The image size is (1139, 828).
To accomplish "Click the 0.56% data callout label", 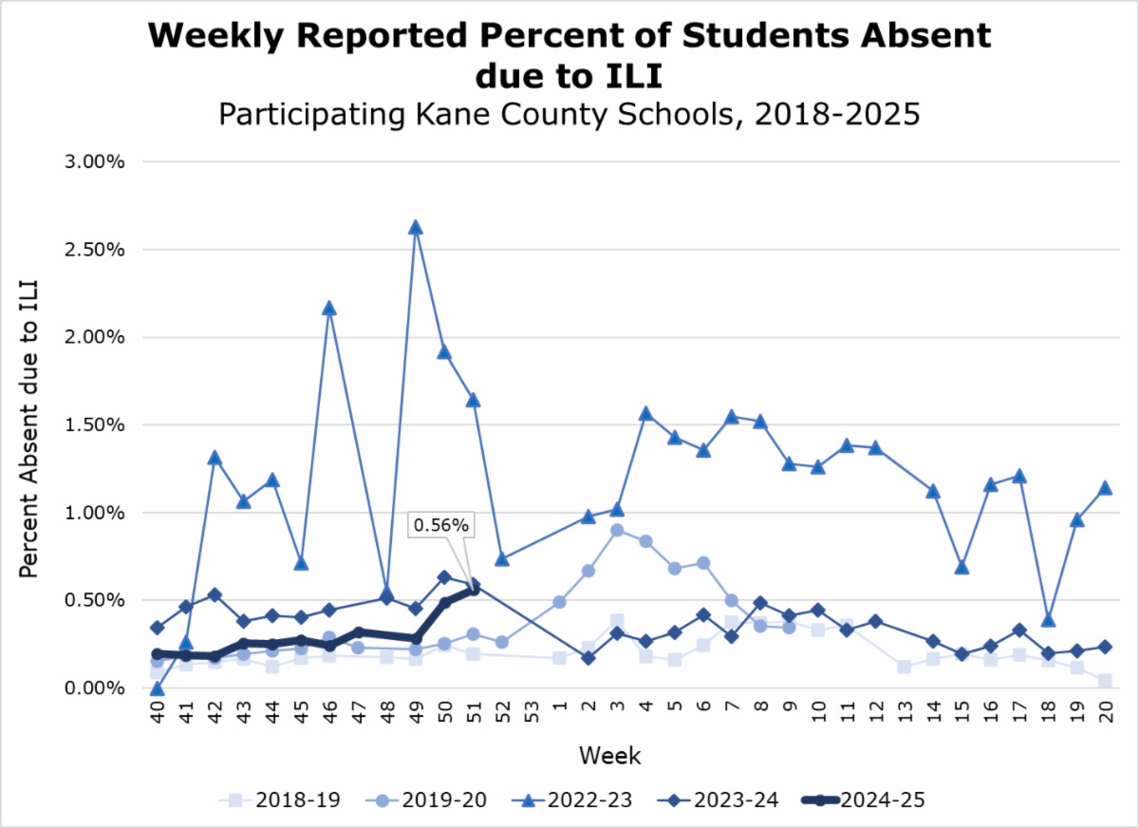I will click(440, 524).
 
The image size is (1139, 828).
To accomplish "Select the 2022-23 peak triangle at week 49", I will click(415, 228).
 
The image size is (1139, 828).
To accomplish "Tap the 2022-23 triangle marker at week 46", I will click(328, 309).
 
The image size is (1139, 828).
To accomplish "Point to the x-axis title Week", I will click(609, 757).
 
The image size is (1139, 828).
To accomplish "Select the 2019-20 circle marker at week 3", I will click(617, 530).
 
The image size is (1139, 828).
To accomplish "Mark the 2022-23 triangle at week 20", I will click(1104, 488).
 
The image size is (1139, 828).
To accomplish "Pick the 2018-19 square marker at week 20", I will click(1104, 681).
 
